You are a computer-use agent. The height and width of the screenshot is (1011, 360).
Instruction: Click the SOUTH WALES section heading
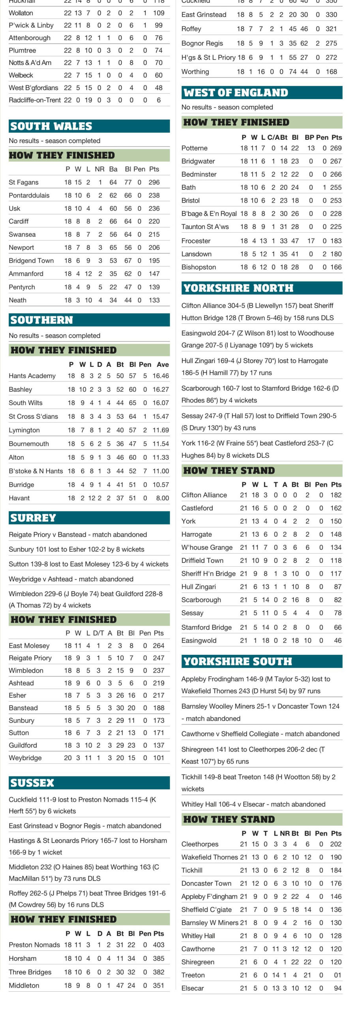[51, 126]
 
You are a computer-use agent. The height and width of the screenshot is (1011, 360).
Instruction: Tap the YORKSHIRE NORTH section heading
[238, 288]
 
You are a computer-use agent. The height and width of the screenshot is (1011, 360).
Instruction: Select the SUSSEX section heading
[32, 782]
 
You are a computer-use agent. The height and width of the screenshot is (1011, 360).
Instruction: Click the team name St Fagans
[24, 182]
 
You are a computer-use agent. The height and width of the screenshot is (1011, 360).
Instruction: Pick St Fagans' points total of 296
[154, 182]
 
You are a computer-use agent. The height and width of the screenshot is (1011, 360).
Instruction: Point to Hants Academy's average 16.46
[161, 376]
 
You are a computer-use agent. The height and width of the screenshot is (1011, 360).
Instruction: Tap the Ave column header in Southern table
[163, 364]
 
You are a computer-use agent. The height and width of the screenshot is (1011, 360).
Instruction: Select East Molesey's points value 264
[158, 645]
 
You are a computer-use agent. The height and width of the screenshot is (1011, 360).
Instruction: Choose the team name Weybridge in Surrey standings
[25, 757]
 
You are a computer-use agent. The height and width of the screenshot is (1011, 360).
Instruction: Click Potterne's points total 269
[336, 148]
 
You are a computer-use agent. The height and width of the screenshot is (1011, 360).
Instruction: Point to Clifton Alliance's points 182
[336, 495]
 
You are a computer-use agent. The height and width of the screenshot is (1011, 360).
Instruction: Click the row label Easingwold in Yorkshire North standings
[199, 640]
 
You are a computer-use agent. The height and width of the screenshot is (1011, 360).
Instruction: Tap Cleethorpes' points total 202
[336, 844]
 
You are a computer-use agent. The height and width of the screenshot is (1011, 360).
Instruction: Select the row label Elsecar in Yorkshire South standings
[193, 988]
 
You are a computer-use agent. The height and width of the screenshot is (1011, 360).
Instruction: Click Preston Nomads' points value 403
[158, 945]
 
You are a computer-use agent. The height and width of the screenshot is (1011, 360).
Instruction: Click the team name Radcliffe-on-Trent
[35, 100]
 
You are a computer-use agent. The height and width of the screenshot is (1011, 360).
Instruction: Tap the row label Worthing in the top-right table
[195, 71]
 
